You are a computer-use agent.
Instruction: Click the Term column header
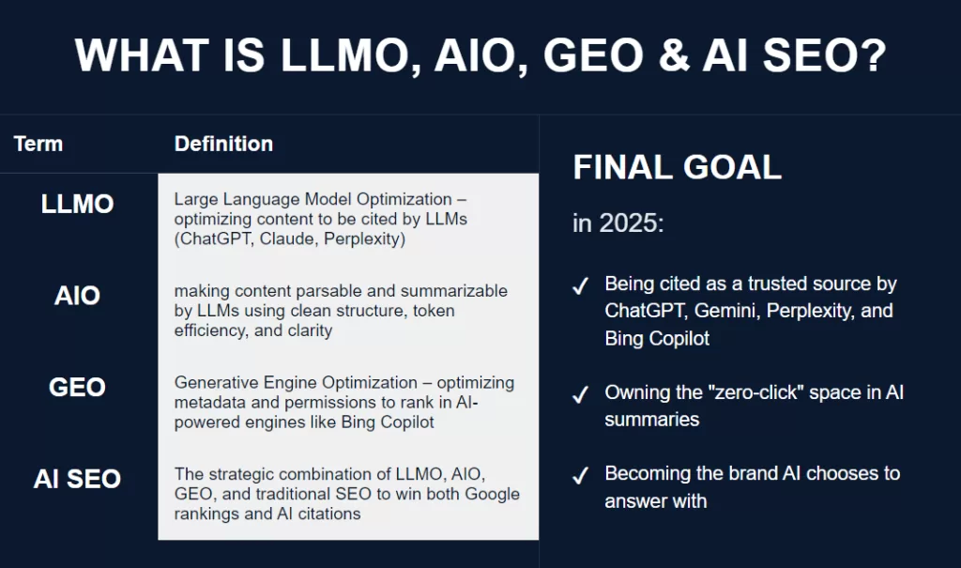(38, 144)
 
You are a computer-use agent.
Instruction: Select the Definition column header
(223, 144)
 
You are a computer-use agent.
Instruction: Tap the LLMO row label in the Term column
(78, 204)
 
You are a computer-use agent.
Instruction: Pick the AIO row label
(78, 296)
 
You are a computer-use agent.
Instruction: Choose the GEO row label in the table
(78, 387)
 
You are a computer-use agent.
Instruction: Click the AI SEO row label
(78, 478)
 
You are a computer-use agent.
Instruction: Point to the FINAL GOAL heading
(677, 168)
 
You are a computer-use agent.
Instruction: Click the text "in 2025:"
(618, 223)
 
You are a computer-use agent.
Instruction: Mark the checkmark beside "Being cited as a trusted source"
(581, 286)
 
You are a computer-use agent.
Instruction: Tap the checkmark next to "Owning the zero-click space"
(581, 395)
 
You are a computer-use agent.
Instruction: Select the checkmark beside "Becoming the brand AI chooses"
(581, 476)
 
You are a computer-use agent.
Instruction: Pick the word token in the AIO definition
(453, 310)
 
